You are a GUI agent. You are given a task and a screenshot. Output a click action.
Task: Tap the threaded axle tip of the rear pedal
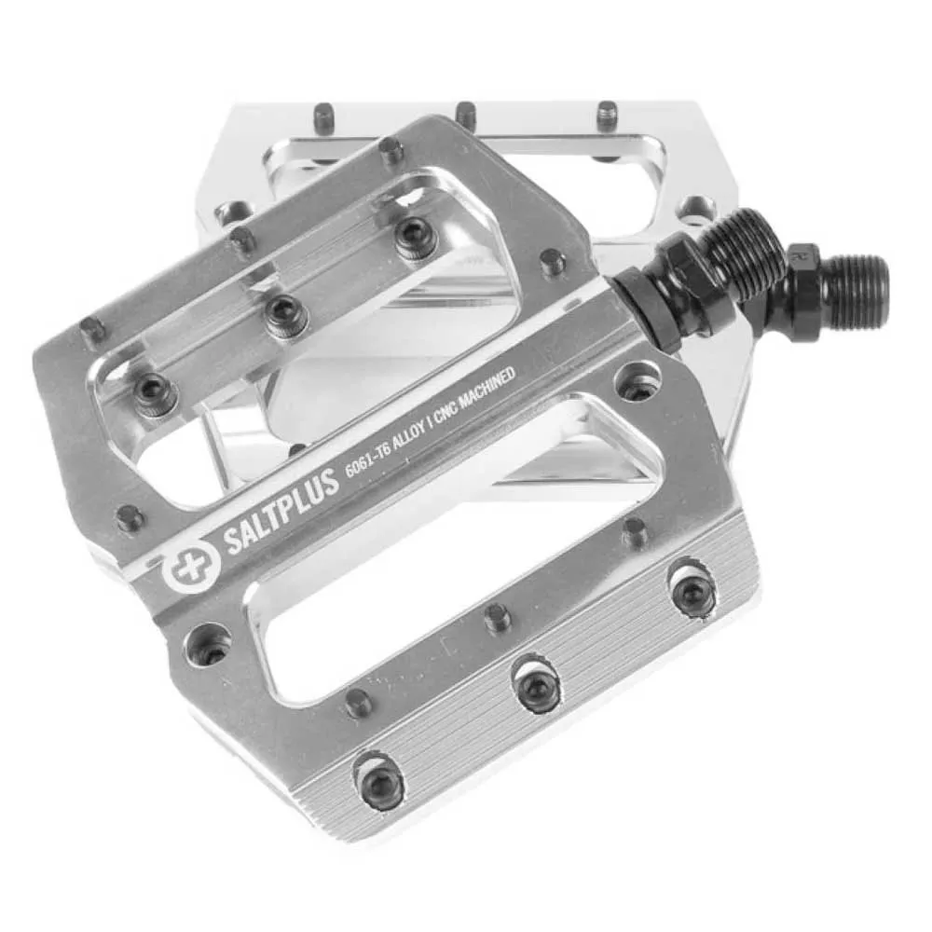(855, 291)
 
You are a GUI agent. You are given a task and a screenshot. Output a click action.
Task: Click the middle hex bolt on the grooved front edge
(539, 688)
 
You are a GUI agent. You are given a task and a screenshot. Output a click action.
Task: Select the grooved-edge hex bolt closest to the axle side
(693, 592)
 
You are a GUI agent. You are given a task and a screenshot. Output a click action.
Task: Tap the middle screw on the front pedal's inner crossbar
(285, 315)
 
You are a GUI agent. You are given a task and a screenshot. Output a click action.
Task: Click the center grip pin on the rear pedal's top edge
(466, 115)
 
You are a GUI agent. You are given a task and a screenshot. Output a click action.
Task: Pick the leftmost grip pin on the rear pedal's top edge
(324, 115)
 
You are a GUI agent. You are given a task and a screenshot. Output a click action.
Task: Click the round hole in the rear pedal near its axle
(696, 207)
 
